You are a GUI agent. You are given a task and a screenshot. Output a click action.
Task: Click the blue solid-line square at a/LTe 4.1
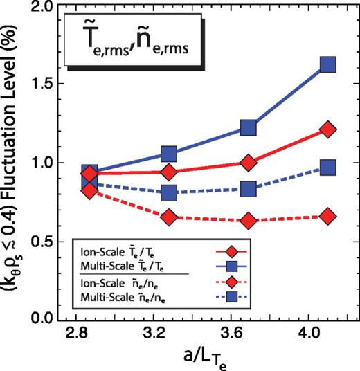327,65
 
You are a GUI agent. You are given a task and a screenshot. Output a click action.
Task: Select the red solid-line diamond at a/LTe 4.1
327,129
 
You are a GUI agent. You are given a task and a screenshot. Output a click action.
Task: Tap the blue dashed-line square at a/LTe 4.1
327,168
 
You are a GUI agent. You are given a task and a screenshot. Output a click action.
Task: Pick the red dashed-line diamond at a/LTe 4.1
327,217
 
